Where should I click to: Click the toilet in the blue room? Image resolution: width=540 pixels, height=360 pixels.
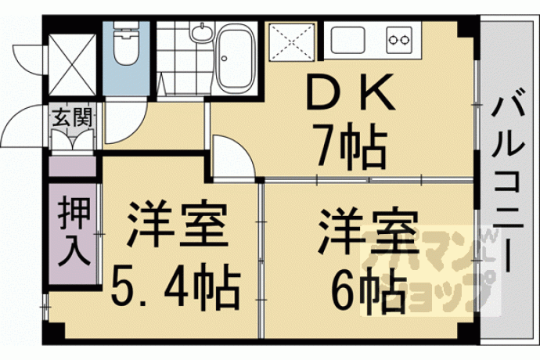tap(126, 43)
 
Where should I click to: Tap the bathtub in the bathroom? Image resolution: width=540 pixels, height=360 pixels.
tap(236, 58)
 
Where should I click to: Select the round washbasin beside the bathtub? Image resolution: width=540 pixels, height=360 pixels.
tap(201, 32)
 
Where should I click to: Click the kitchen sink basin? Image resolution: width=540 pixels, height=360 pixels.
tap(347, 41)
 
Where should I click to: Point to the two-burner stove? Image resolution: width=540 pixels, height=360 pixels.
tap(399, 40)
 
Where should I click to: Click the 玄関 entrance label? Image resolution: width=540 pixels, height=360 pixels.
tap(72, 117)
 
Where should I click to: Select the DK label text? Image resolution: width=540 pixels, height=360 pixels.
tap(351, 92)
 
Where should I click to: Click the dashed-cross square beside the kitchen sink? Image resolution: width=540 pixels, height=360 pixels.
tap(292, 42)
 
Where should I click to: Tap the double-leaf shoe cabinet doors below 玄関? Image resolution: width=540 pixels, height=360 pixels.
tap(73, 139)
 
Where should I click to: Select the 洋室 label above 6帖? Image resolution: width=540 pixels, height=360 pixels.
tap(369, 229)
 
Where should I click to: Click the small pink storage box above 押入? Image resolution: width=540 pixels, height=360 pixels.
tap(73, 167)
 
